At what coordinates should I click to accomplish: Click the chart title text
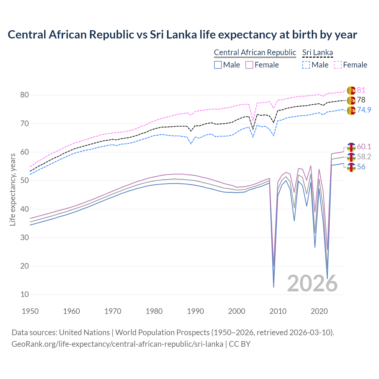(182, 35)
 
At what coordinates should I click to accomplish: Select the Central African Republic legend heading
(255, 52)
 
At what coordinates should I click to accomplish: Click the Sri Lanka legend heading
(317, 52)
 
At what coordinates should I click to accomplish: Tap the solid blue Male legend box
(218, 65)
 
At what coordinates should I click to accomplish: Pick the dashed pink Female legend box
(338, 65)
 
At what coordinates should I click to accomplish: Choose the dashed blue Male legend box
(306, 65)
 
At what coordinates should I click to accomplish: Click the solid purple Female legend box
(249, 65)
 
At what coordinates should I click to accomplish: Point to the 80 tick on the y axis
(25, 95)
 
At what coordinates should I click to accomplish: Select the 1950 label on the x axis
(30, 311)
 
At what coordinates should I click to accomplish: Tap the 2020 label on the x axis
(319, 311)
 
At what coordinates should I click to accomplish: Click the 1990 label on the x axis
(195, 311)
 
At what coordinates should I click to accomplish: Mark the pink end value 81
(361, 90)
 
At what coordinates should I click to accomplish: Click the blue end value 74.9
(364, 110)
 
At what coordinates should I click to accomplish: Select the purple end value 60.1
(364, 147)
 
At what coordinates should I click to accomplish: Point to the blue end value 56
(361, 167)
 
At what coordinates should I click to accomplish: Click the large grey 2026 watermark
(312, 283)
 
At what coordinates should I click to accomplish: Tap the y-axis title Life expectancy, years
(12, 189)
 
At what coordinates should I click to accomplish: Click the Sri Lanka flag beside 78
(351, 100)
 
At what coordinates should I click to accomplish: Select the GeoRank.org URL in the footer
(117, 344)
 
